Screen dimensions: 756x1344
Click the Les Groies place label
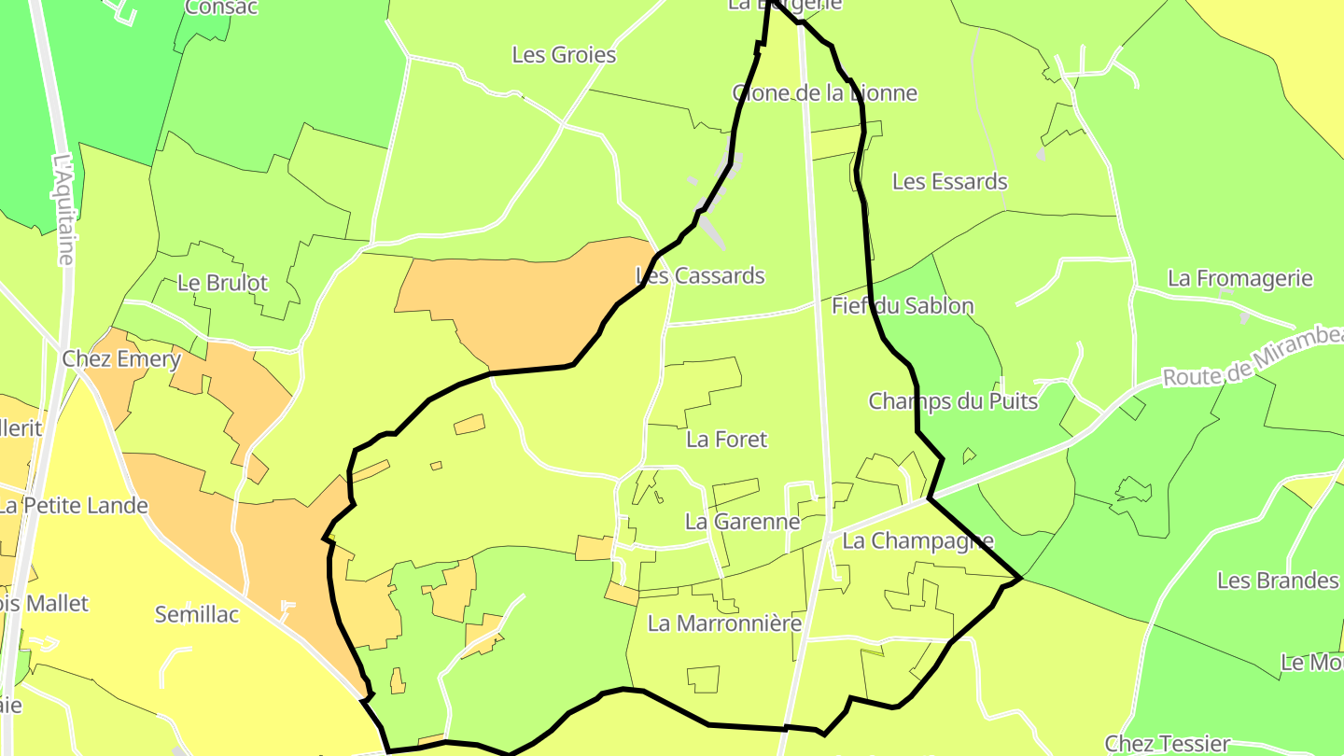click(564, 55)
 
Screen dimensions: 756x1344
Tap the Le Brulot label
click(222, 283)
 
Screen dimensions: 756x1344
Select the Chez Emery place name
click(121, 359)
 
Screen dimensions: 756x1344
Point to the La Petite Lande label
click(74, 506)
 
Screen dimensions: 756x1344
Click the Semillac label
click(197, 615)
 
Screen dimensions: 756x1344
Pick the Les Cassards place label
click(700, 276)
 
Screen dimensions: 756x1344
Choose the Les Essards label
click(950, 181)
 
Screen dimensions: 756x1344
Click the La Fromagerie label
click(1240, 278)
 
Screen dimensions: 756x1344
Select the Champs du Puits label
click(953, 401)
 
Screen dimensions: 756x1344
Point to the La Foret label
click(726, 439)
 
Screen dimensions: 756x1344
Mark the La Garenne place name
click(742, 522)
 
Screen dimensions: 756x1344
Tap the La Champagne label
click(917, 541)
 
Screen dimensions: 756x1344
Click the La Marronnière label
click(724, 623)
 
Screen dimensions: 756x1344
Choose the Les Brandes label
click(1277, 581)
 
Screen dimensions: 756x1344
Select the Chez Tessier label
click(1167, 744)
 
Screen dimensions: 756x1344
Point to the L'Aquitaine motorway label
click(64, 209)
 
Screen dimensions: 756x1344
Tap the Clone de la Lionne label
click(825, 93)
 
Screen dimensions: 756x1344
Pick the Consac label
click(221, 7)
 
